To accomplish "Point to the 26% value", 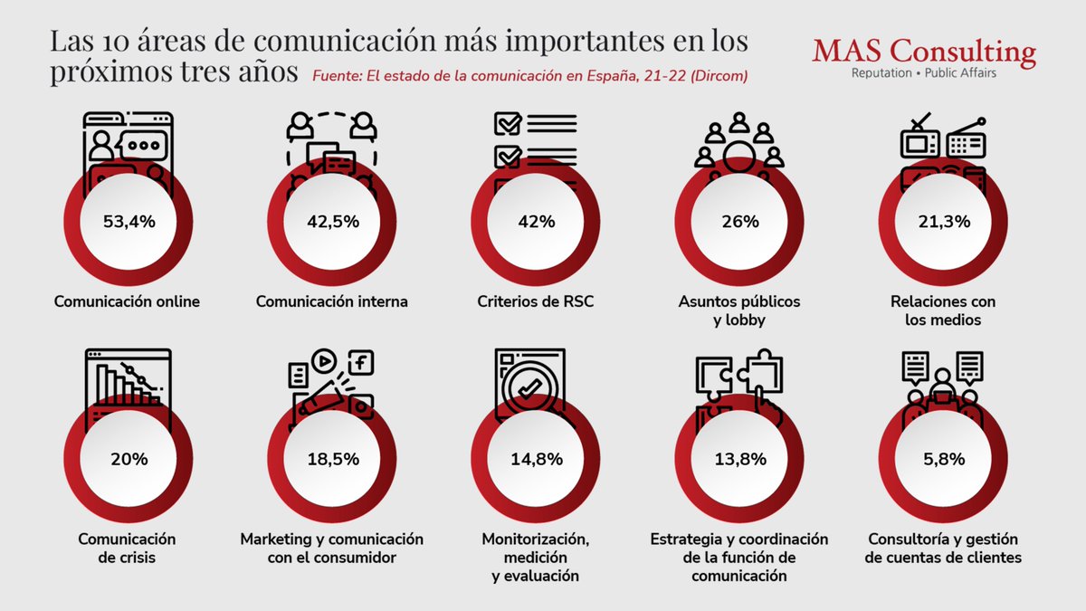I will pos(738,221).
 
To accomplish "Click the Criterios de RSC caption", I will pos(536,301).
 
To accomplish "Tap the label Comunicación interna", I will pos(331,301).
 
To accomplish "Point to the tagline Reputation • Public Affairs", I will pos(924,72).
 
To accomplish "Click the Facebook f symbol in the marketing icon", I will pos(361,363).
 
